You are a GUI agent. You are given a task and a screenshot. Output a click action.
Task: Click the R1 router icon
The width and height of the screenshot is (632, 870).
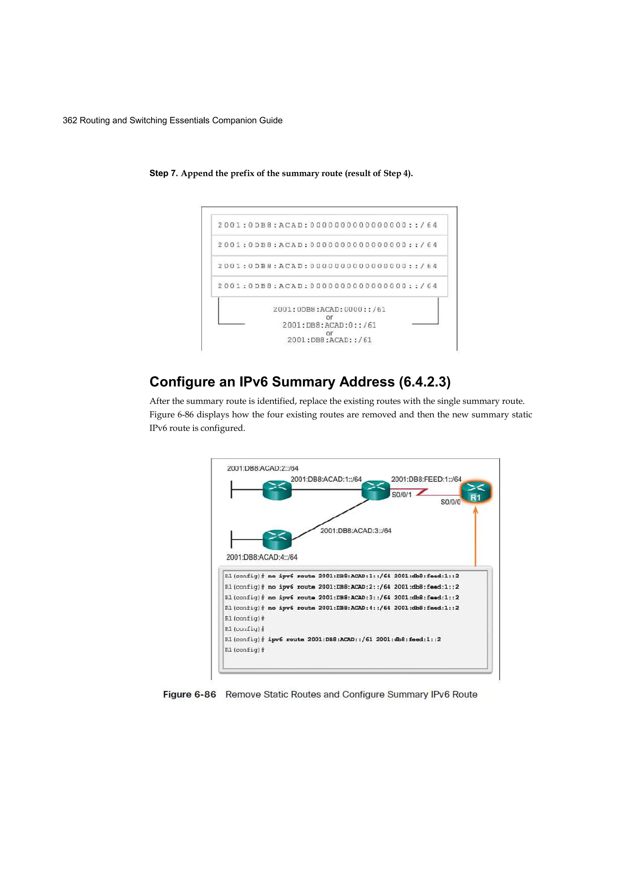(476, 492)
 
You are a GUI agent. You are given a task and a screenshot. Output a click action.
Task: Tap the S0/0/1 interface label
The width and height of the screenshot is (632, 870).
(401, 495)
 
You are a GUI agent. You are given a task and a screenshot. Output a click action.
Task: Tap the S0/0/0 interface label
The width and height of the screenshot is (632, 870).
(450, 502)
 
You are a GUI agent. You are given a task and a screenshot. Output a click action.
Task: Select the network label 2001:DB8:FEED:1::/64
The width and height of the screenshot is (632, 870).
(426, 479)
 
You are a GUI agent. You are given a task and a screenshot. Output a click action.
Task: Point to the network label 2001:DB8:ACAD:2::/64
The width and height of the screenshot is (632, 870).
(263, 468)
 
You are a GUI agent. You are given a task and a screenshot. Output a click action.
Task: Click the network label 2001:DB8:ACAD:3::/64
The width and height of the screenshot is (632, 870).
(355, 530)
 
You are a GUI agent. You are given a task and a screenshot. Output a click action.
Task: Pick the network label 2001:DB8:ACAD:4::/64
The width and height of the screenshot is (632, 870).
(262, 557)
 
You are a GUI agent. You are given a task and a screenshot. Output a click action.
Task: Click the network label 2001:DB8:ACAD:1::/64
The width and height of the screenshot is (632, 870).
(326, 479)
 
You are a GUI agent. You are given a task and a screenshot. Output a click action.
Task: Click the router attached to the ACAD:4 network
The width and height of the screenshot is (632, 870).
(277, 539)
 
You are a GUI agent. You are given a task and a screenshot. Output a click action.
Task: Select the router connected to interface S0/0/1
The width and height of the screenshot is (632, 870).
(376, 491)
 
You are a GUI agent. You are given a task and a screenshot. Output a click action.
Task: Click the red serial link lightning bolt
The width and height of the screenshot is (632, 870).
(422, 492)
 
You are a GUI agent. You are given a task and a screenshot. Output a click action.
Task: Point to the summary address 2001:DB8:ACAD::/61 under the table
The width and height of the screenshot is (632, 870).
(329, 340)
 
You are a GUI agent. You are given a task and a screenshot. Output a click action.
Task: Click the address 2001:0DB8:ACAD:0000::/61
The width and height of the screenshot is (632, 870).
(329, 309)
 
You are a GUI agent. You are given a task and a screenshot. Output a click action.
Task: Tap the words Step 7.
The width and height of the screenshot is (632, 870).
(163, 174)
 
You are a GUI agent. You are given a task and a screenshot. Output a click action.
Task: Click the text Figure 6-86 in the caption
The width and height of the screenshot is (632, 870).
(189, 694)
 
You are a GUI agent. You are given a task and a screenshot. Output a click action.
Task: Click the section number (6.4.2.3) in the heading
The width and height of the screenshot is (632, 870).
(425, 382)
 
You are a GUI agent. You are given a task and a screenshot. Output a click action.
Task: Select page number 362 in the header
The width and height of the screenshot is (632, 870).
(69, 120)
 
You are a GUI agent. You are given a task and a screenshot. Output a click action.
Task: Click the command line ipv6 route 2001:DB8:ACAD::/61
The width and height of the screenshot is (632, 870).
(354, 639)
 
